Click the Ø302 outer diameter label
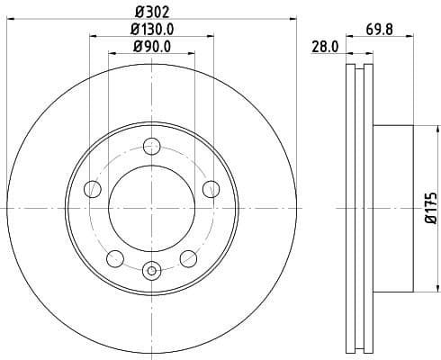click(x=151, y=12)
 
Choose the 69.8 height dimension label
click(x=379, y=29)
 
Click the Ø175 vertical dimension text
click(x=431, y=208)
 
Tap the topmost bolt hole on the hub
click(x=151, y=147)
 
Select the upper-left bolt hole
click(x=92, y=188)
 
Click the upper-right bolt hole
click(x=211, y=188)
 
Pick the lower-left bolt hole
click(x=114, y=259)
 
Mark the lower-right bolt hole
click(x=188, y=259)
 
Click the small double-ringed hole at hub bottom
click(x=151, y=268)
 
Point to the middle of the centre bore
click(x=151, y=208)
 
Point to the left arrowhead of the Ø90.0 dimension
click(x=112, y=56)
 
